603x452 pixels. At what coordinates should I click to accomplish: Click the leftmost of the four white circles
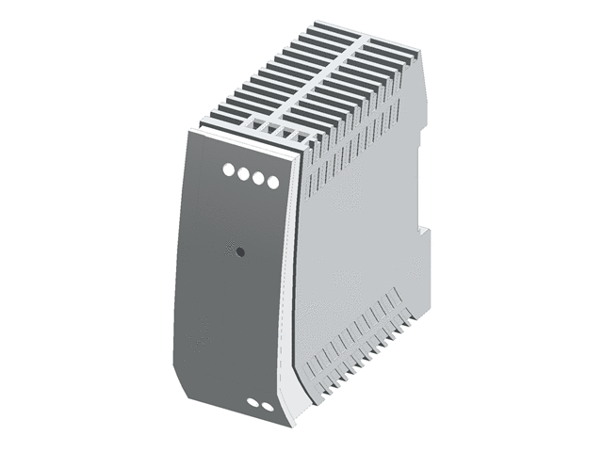(228, 169)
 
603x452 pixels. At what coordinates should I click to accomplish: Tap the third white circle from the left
(258, 177)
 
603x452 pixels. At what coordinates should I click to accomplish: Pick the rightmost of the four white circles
(273, 182)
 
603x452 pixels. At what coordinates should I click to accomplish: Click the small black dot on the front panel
(239, 251)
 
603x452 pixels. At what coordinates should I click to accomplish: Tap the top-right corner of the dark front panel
(299, 158)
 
